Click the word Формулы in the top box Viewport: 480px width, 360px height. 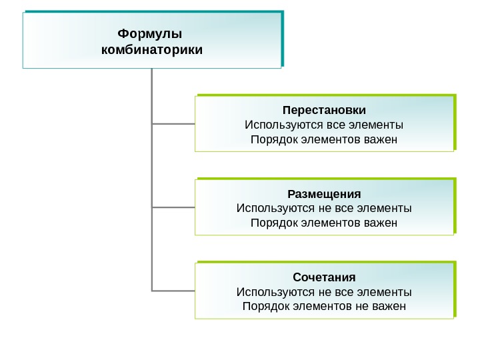149,33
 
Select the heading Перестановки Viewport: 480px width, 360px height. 324,109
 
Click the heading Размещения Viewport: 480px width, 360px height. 324,194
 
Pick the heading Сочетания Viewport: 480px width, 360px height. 324,277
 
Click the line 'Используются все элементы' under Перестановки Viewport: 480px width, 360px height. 324,125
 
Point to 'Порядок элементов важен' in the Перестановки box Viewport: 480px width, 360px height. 324,139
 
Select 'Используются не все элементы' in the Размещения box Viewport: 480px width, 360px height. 324,208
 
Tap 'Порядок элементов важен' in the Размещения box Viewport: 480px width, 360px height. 324,223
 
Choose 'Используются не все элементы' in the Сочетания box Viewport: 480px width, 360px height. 324,292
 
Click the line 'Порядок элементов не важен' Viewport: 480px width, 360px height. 324,307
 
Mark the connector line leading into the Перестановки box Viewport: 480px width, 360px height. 173,123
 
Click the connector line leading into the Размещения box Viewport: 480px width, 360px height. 173,207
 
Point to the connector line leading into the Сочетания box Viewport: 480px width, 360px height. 173,291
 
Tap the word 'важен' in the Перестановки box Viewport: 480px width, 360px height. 382,139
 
